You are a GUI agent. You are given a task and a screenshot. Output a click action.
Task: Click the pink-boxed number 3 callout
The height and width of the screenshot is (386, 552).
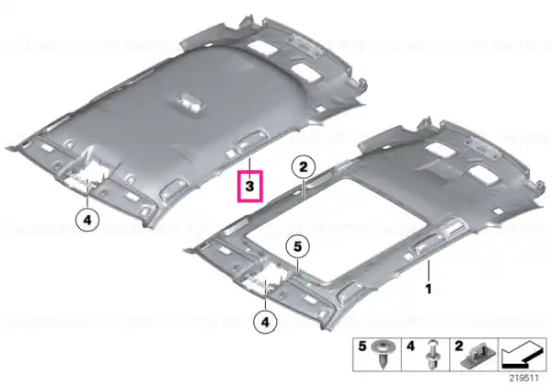click(250, 187)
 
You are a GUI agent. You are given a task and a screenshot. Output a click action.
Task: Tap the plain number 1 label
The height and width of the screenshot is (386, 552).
click(429, 289)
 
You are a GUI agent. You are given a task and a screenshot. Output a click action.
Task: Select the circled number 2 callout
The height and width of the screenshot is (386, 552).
click(303, 167)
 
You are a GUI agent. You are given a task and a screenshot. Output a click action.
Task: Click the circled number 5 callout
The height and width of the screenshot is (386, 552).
click(298, 247)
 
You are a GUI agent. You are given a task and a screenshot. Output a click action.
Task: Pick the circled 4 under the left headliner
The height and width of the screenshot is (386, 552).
click(87, 220)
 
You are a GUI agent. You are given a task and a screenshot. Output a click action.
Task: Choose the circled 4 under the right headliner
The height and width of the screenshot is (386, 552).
click(265, 322)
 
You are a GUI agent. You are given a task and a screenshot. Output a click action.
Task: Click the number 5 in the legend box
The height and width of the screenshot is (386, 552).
click(362, 346)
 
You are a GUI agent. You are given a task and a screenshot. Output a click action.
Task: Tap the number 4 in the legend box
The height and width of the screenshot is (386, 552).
click(410, 346)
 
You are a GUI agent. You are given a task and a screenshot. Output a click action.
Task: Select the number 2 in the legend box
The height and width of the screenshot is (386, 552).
click(458, 346)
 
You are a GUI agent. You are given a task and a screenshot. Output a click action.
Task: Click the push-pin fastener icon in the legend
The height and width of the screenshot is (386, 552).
click(385, 354)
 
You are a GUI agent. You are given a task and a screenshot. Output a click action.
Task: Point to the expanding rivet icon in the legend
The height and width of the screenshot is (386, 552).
click(432, 354)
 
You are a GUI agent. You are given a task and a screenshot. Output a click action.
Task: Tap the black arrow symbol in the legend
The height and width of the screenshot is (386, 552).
click(522, 356)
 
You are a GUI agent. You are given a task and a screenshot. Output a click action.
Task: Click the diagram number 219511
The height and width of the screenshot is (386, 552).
click(524, 379)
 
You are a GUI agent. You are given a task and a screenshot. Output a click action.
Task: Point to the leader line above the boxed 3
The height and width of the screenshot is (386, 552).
click(249, 165)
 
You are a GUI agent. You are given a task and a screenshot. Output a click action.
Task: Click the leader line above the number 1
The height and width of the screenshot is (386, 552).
click(429, 271)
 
